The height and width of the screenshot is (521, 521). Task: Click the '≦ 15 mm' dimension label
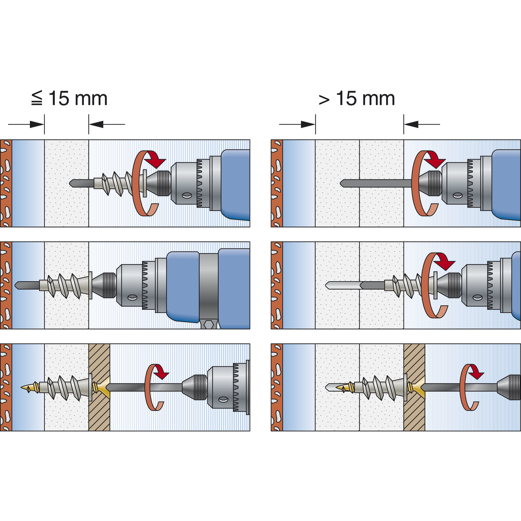69,99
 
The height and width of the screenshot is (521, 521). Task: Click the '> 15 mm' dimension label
357,99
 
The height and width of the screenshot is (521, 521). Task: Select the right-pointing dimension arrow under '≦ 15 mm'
37,124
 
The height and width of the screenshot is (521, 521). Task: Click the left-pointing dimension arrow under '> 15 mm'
412,124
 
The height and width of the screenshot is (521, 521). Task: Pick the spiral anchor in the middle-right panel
405,286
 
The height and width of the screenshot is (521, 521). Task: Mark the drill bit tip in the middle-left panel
17,285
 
